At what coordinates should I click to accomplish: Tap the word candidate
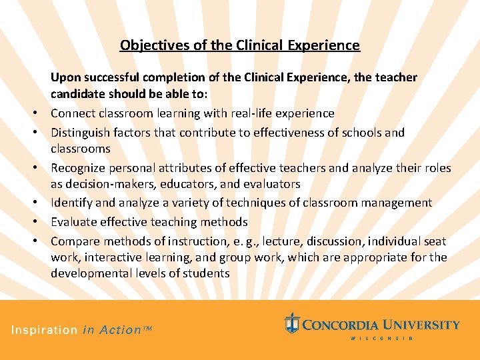(x=79, y=94)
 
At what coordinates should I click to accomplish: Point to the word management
(x=399, y=203)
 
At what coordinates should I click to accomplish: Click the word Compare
(x=74, y=241)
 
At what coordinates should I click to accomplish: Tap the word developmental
(x=91, y=273)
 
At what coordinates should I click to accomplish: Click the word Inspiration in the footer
(x=44, y=330)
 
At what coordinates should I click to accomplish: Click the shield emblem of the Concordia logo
(x=291, y=323)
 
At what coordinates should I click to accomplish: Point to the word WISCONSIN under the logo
(x=382, y=339)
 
